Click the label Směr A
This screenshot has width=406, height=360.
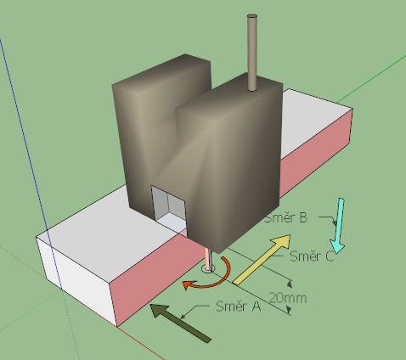238,307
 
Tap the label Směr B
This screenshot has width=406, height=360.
285,218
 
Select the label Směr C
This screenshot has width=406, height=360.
312,256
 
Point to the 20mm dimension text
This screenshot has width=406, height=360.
288,298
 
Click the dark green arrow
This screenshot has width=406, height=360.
180,323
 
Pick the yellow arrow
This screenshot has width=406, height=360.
262,259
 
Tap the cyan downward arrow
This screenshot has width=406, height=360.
338,226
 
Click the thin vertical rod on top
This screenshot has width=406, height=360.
252,53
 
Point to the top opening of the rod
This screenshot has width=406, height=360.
252,16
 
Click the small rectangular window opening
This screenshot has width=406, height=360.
169,206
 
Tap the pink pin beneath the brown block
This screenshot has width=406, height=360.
208,259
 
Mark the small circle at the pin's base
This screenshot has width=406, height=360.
208,269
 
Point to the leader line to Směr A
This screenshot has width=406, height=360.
195,311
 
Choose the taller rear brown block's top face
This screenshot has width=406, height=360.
161,70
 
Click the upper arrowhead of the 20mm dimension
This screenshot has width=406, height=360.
289,283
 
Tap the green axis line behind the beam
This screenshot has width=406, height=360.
371,79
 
